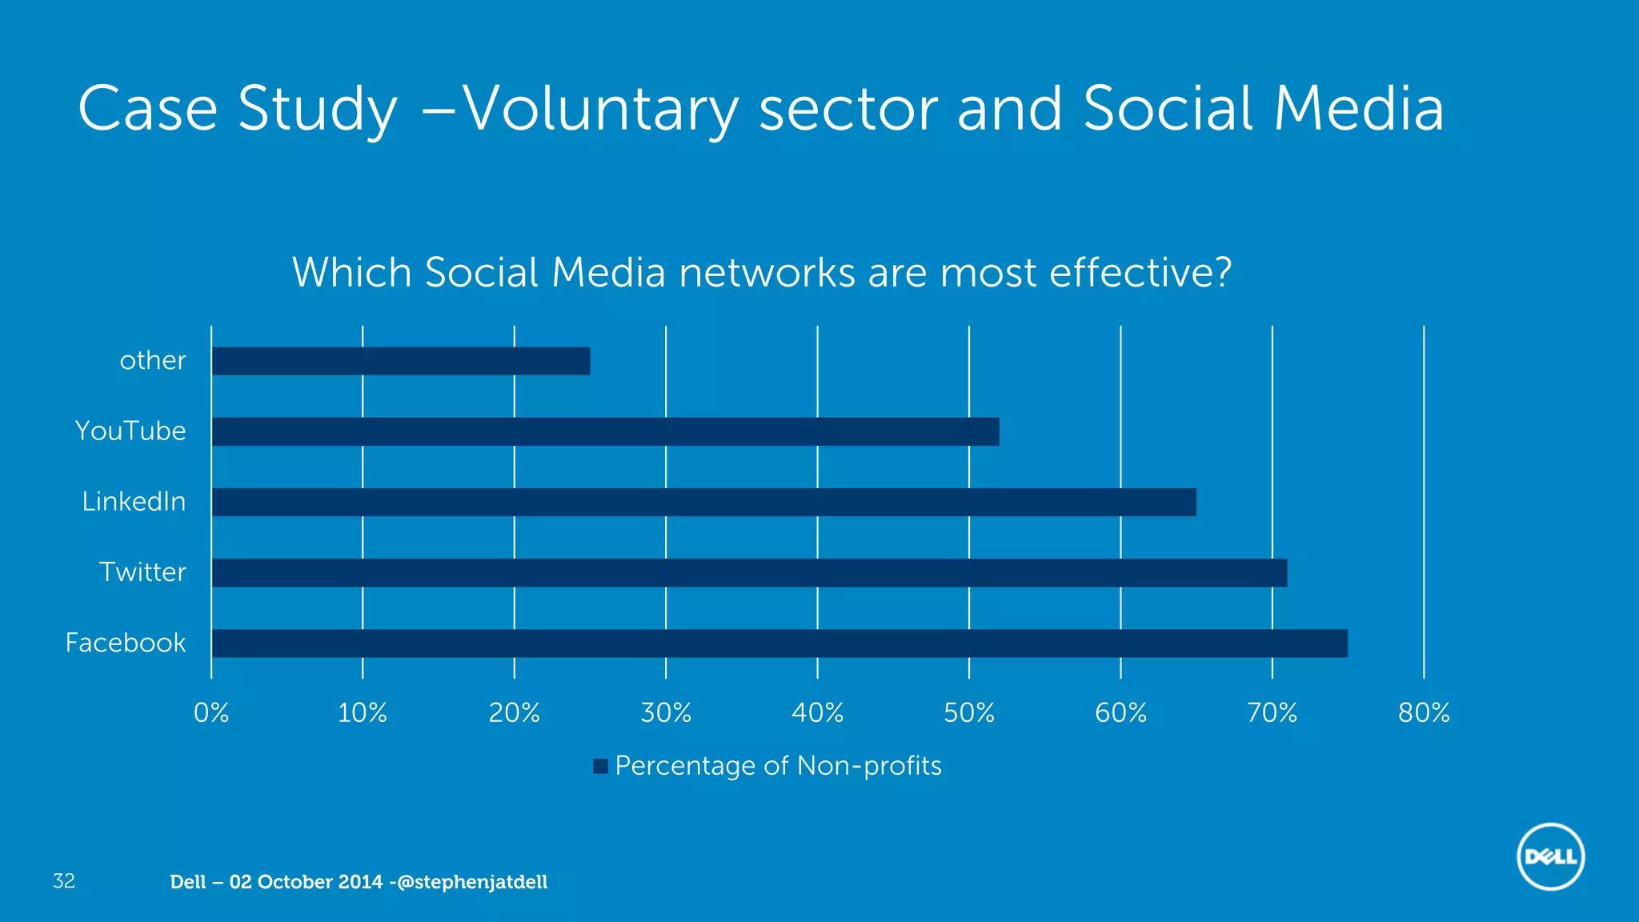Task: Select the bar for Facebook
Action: (x=779, y=643)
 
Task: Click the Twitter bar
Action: (x=749, y=573)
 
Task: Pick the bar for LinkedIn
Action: (x=703, y=502)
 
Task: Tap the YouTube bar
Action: (x=605, y=431)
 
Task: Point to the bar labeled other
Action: (x=400, y=361)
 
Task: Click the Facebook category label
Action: (x=126, y=643)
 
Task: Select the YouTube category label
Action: (x=130, y=431)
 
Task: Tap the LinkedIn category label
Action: (x=134, y=502)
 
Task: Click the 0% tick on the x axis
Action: (x=211, y=712)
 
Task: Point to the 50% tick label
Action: (x=969, y=712)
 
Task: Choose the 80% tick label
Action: (x=1424, y=712)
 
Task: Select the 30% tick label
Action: (x=666, y=712)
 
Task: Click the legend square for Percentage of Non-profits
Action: (x=601, y=766)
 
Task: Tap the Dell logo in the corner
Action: (x=1550, y=857)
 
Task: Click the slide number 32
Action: (x=64, y=881)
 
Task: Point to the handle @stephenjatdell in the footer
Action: (x=472, y=882)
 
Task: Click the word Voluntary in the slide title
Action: (x=600, y=110)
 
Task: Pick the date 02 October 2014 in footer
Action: (x=306, y=882)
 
